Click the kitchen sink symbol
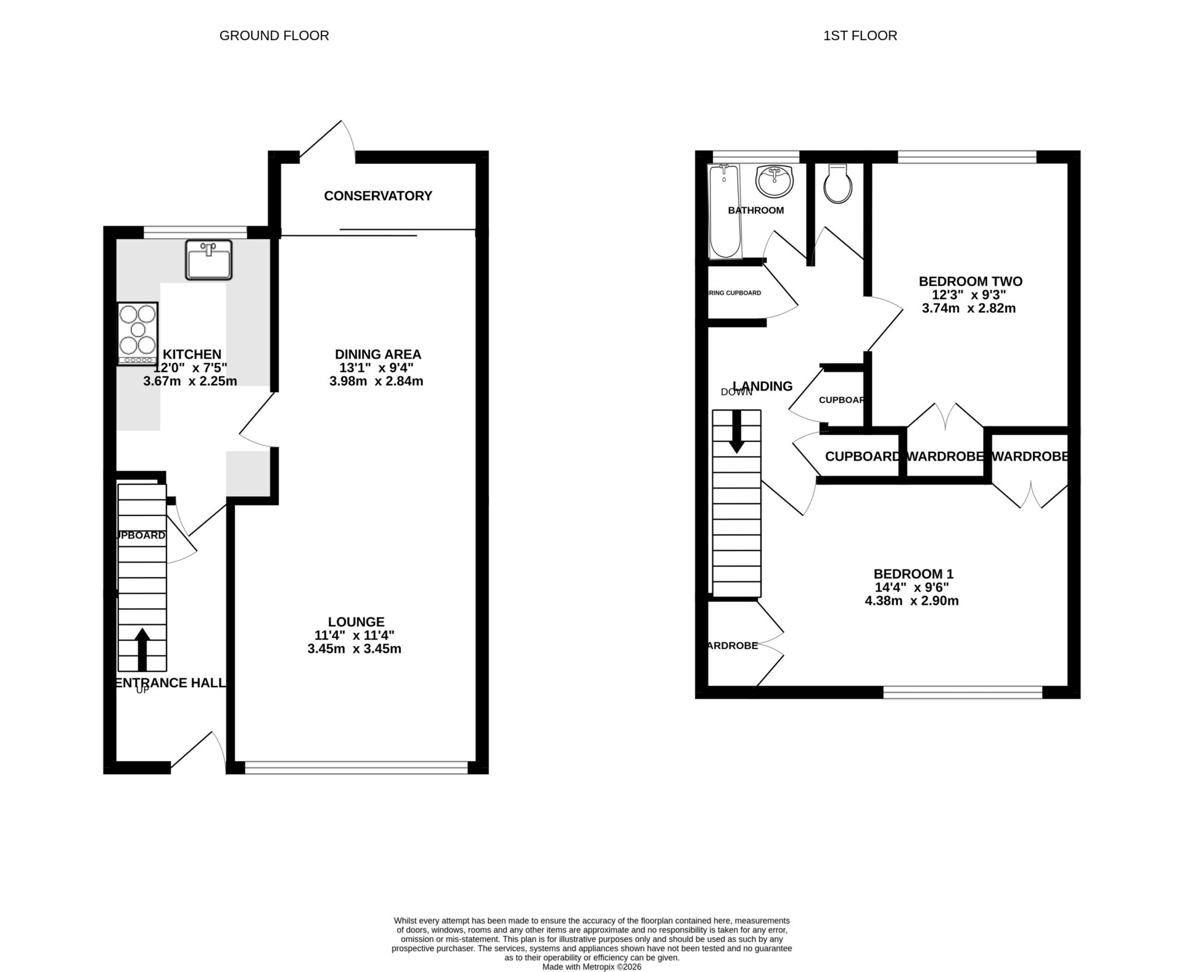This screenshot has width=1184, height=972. (x=208, y=259)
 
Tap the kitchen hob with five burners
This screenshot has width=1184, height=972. (x=138, y=333)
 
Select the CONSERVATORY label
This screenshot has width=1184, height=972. (x=378, y=196)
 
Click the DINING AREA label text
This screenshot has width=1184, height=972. (x=377, y=354)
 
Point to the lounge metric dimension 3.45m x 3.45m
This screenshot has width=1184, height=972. (x=354, y=649)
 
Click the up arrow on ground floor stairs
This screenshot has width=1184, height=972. (x=142, y=649)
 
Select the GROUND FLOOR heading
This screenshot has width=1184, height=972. (x=274, y=36)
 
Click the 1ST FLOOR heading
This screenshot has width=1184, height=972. (x=860, y=36)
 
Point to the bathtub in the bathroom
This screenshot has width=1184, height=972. (x=724, y=211)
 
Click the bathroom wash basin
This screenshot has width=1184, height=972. (x=775, y=180)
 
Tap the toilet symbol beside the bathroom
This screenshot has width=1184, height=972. (x=838, y=184)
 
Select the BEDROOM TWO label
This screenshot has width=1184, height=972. (x=970, y=282)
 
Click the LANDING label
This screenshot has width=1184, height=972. (x=763, y=386)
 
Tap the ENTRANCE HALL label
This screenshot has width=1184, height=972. (x=171, y=683)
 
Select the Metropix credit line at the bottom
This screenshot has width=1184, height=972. (x=591, y=967)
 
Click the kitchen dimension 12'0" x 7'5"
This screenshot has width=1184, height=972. (x=191, y=368)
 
